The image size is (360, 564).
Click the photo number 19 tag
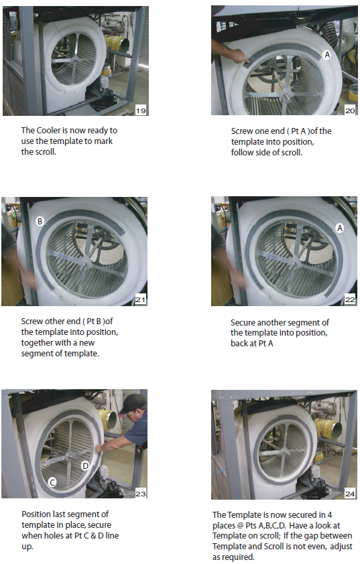click(141, 111)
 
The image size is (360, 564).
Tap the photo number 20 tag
click(350, 111)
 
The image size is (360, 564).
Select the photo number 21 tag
click(140, 299)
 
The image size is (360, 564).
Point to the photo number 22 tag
click(350, 299)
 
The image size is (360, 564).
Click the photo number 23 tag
click(140, 494)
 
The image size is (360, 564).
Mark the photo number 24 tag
click(350, 494)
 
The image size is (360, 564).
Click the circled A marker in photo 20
click(327, 55)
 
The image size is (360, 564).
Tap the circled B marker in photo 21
click(40, 221)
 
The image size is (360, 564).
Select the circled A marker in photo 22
click(339, 228)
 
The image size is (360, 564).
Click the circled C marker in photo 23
click(52, 482)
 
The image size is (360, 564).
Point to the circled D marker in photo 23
click(85, 466)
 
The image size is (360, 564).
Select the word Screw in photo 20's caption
click(242, 131)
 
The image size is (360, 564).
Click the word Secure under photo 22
click(243, 323)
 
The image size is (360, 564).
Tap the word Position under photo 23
click(37, 514)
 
